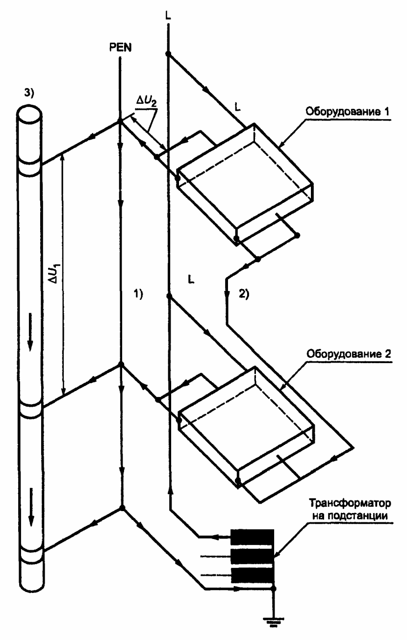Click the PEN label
click(x=120, y=48)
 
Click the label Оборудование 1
click(x=347, y=112)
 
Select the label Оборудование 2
click(x=349, y=354)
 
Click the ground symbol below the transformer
click(x=274, y=628)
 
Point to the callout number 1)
click(x=138, y=294)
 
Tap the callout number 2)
click(x=244, y=294)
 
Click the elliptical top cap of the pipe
click(x=29, y=114)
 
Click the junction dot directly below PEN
click(x=120, y=122)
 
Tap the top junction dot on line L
click(x=168, y=54)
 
